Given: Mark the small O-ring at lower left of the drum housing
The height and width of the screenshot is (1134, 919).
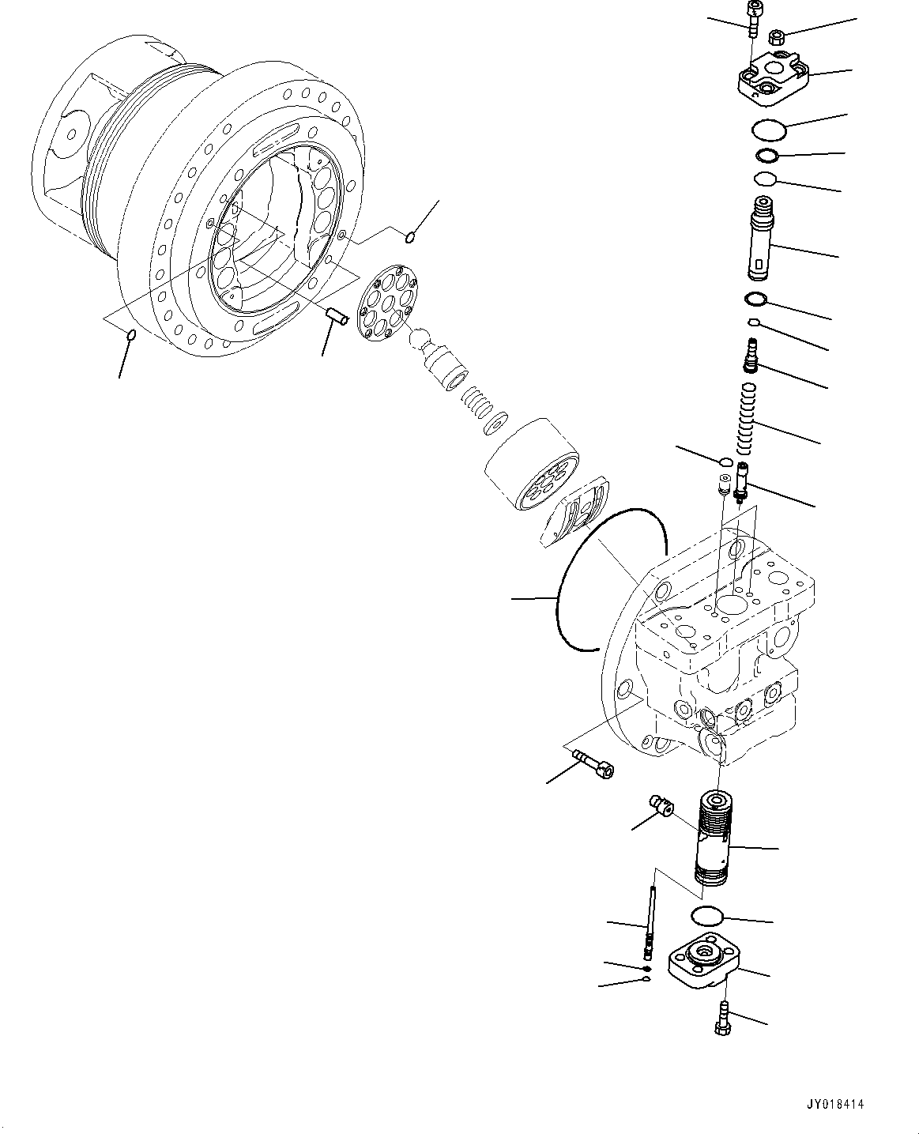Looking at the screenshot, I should tap(131, 336).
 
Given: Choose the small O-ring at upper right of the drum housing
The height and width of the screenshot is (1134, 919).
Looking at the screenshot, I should tap(411, 236).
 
